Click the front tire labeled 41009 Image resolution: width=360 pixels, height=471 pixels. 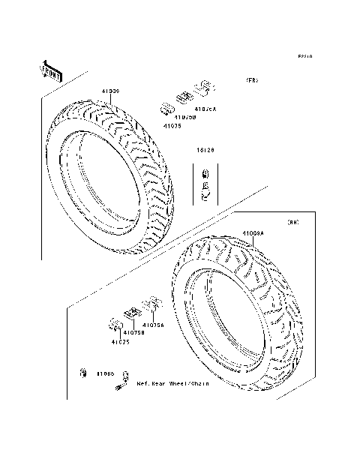(112, 176)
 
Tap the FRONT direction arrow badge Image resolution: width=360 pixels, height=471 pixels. (51, 70)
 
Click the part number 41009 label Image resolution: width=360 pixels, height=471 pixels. (111, 91)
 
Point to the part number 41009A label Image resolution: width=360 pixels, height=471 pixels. (252, 234)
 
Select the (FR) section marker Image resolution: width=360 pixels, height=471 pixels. (251, 80)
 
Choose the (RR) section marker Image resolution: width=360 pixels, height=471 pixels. (294, 223)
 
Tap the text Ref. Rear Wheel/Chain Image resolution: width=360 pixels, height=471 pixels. (172, 382)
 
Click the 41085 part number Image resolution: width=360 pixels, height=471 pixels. (104, 373)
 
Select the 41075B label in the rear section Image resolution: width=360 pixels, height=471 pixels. (134, 331)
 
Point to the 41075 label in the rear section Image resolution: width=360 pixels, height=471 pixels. (121, 341)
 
